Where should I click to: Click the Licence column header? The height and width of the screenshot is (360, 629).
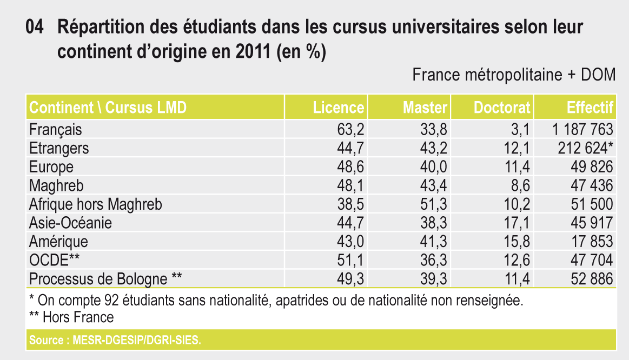[x=339, y=108]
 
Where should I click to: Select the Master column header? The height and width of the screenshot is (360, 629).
[x=425, y=108]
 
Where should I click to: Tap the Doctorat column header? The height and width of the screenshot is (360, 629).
[x=502, y=108]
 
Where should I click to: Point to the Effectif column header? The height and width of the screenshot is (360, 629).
[x=590, y=108]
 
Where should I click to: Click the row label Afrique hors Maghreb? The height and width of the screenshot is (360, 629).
[x=95, y=204]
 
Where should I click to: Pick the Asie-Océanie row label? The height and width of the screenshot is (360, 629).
[x=70, y=223]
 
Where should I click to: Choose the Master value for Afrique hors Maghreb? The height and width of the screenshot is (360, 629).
[x=434, y=204]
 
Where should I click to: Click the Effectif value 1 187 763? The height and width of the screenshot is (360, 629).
[x=583, y=130]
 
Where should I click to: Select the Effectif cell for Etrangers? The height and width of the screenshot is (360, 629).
[x=586, y=148]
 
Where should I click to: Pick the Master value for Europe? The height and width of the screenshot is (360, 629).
[x=434, y=166]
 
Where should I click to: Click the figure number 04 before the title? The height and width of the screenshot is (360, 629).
[x=35, y=27]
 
